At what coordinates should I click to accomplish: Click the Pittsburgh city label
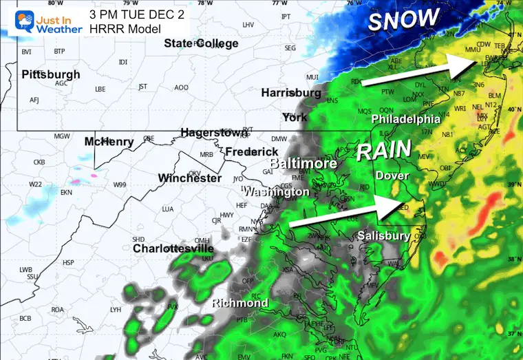click(x=51, y=74)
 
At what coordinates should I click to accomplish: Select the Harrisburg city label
click(x=291, y=93)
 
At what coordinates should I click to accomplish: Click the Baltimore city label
click(x=303, y=164)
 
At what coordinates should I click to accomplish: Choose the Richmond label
click(x=239, y=304)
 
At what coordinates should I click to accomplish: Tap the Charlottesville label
click(x=173, y=248)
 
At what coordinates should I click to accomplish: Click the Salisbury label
click(x=384, y=236)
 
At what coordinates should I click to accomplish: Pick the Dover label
click(x=392, y=176)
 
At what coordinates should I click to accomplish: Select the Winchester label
click(x=190, y=178)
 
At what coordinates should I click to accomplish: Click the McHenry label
click(x=109, y=142)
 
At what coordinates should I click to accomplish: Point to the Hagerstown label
click(x=213, y=132)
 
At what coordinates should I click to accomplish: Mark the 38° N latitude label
click(x=513, y=260)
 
